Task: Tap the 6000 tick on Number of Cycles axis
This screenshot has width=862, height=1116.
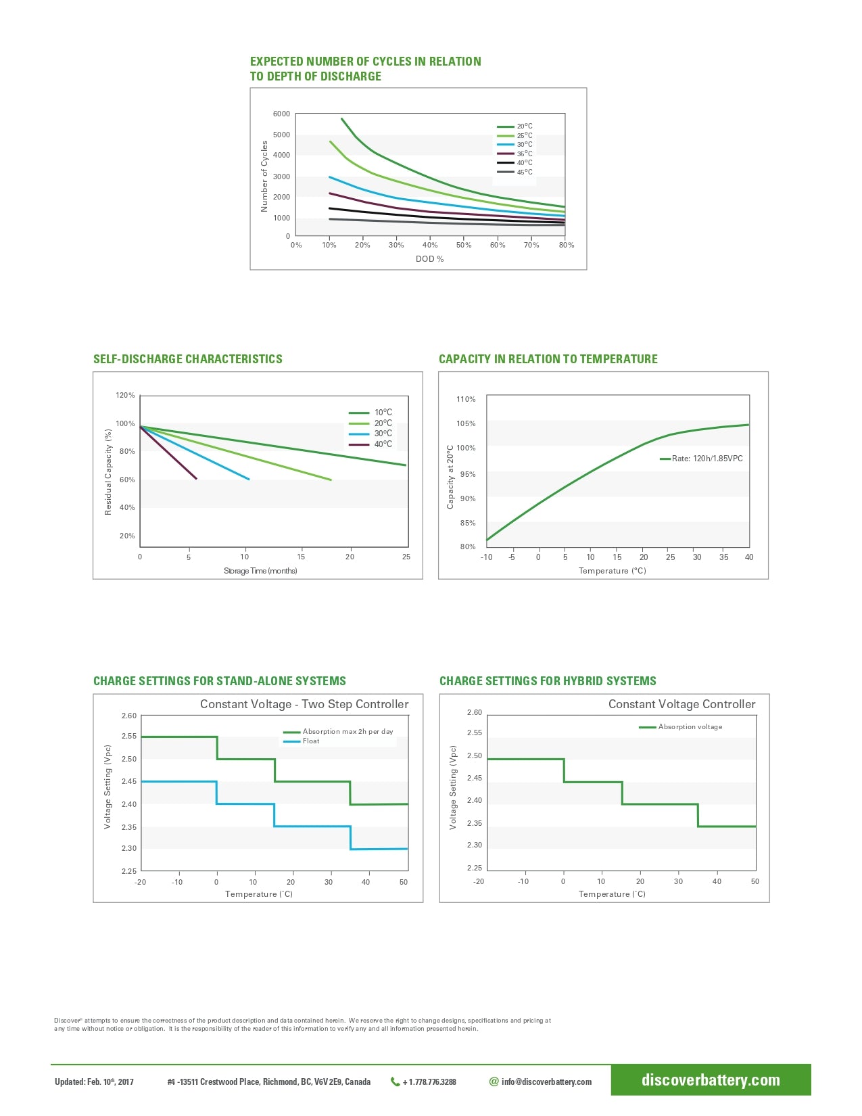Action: point(281,114)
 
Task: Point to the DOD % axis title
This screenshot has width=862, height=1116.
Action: point(429,259)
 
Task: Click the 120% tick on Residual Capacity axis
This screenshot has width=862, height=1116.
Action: point(125,395)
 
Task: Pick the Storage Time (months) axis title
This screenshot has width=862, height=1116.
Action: point(260,571)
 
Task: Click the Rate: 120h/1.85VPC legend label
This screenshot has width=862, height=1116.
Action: point(707,459)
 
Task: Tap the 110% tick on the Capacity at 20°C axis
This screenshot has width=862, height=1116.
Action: point(466,399)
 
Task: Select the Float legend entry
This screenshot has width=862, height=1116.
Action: point(310,741)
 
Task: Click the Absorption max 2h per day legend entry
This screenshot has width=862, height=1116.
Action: point(347,731)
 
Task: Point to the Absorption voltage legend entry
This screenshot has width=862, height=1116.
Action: point(690,727)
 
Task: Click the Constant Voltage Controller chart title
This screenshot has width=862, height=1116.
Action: point(681,704)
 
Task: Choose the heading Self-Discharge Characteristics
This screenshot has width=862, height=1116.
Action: point(188,359)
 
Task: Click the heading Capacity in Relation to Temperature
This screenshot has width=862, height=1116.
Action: point(548,359)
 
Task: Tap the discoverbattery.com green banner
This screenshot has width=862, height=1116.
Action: point(711,1080)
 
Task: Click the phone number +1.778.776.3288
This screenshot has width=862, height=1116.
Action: point(429,1082)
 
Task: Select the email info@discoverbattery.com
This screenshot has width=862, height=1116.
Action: point(546,1082)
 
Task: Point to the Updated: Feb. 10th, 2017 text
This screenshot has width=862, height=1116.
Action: point(94,1082)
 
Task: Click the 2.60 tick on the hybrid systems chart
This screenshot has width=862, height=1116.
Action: point(474,712)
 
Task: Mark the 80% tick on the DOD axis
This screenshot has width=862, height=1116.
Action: point(566,245)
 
